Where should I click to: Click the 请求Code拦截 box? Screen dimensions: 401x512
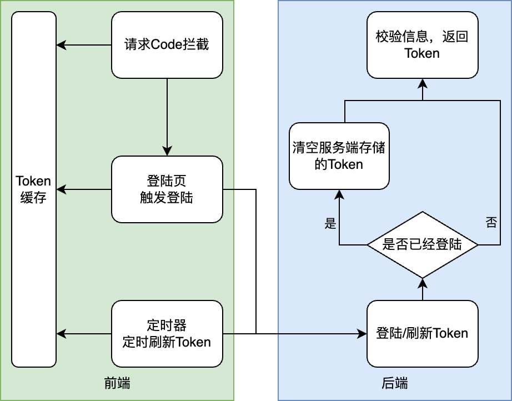[x=167, y=45]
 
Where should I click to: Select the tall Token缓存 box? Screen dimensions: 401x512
[x=34, y=189]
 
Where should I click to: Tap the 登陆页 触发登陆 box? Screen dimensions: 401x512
[x=167, y=189]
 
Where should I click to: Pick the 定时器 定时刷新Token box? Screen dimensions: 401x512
[x=167, y=333]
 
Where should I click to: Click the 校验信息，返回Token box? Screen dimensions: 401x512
[x=422, y=45]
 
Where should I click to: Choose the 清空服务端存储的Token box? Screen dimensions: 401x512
[x=339, y=156]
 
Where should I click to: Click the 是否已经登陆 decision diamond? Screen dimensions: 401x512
[x=422, y=244]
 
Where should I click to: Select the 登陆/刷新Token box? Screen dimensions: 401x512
[x=422, y=333]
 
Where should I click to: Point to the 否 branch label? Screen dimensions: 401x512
[x=491, y=223]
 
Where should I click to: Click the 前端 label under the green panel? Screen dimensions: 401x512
[x=117, y=383]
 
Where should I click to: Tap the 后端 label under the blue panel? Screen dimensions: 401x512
[x=394, y=383]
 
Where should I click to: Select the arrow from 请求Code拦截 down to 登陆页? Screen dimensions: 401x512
[x=167, y=117]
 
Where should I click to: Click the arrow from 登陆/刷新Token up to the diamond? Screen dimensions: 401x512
[x=422, y=289]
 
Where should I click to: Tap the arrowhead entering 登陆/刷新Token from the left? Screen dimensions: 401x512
[x=362, y=333]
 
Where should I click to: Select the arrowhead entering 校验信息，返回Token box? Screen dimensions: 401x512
[x=422, y=83]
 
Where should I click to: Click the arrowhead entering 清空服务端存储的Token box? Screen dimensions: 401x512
[x=339, y=194]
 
